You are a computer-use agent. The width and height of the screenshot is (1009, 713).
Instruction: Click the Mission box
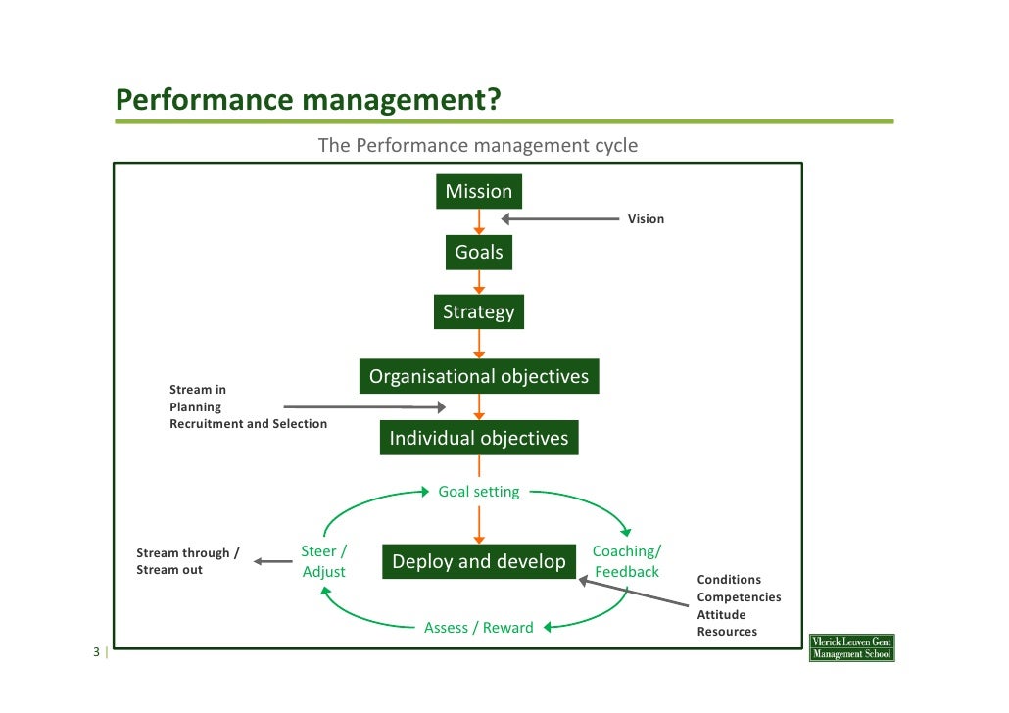[478, 192]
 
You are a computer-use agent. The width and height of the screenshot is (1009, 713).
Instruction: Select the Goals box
[478, 253]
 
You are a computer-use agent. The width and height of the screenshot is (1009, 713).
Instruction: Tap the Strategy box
[478, 312]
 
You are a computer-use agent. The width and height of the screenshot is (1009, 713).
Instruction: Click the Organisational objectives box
[478, 377]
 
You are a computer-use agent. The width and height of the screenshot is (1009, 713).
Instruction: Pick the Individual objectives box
[478, 438]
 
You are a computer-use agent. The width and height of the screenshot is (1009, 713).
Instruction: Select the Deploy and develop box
[478, 561]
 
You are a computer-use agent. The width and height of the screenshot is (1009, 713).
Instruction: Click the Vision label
[646, 219]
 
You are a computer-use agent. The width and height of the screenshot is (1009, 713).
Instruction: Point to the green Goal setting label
[478, 492]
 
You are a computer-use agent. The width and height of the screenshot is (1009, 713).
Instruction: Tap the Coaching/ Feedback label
[627, 561]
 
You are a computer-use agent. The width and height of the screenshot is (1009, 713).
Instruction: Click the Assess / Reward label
[478, 628]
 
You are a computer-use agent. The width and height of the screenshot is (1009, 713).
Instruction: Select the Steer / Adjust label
[323, 561]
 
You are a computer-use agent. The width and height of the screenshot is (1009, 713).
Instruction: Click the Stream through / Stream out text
[187, 561]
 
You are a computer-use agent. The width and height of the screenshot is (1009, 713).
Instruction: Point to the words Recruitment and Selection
[248, 424]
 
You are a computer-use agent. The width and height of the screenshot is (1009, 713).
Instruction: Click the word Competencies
[739, 597]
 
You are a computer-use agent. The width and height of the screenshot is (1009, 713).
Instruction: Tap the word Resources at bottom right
[727, 632]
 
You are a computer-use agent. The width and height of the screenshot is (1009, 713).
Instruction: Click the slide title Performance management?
[308, 100]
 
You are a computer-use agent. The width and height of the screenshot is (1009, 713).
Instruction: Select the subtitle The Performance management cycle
[477, 146]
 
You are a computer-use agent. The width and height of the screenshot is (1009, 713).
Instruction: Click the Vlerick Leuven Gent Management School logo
[851, 647]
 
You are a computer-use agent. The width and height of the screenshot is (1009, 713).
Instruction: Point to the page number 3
[96, 653]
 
